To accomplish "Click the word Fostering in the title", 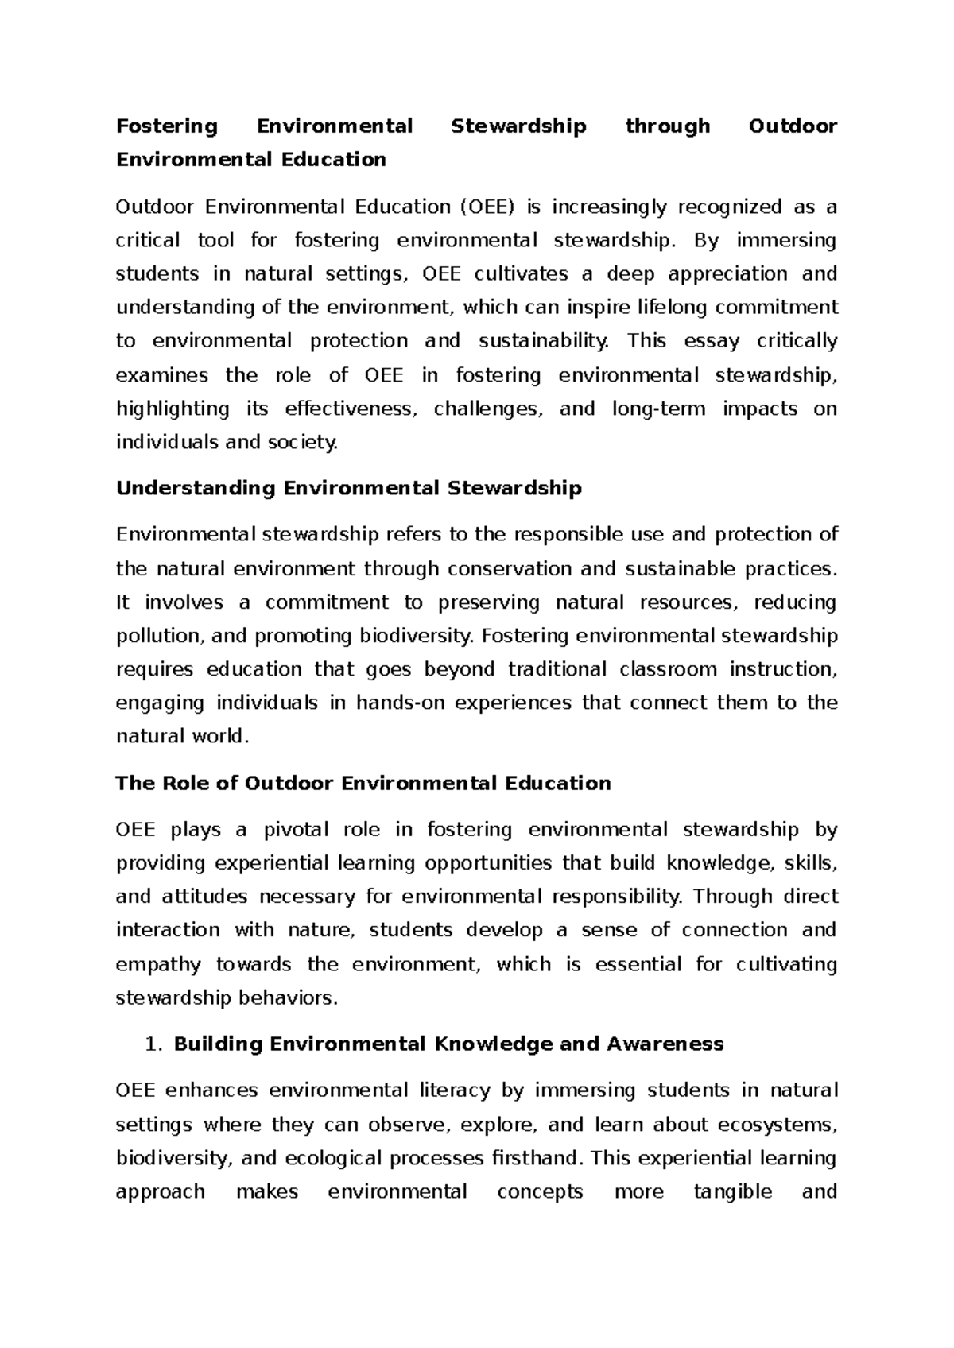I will click(x=167, y=126).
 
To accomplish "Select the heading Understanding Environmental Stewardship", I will click(x=349, y=488).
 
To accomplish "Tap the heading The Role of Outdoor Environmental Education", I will click(x=363, y=783).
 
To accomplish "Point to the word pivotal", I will click(x=295, y=830).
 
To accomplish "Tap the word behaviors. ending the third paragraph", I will click(x=289, y=998).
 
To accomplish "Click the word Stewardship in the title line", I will click(x=518, y=126).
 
